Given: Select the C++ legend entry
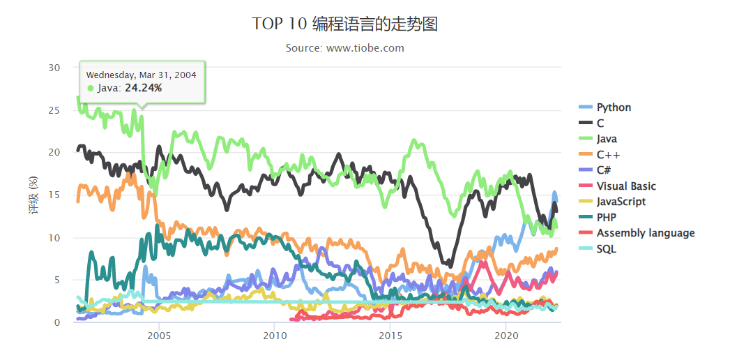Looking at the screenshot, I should coord(608,155).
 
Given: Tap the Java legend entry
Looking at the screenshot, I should coord(607,139).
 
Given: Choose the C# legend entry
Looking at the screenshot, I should coord(604,170).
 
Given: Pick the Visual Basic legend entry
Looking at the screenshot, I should coord(625,186).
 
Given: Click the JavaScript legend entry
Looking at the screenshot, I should coord(621,202).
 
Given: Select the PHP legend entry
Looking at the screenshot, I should coord(606,218).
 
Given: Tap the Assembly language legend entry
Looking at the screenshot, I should coord(645,233).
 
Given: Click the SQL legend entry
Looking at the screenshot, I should coord(606,249).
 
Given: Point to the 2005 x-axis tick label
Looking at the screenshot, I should coord(159,334).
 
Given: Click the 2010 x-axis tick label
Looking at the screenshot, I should coord(274,334).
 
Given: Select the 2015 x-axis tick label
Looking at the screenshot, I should coord(390,334).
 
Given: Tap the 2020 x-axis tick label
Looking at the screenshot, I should coord(505,334).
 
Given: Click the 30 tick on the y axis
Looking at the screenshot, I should coord(54,68).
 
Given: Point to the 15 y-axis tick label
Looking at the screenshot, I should coord(54,195).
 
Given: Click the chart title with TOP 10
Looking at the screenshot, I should coord(345,24).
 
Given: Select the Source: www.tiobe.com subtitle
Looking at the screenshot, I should coord(345,48).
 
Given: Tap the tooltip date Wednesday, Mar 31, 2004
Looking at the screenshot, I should coord(141,75).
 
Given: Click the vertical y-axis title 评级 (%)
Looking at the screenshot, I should coord(32,195).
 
